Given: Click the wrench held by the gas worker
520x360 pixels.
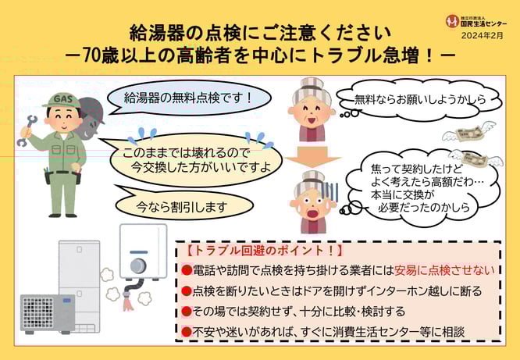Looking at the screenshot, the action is pyautogui.click(x=27, y=130).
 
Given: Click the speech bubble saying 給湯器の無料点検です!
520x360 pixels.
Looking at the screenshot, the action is pyautogui.click(x=188, y=98).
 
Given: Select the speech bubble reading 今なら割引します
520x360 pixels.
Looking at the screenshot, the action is pyautogui.click(x=181, y=205).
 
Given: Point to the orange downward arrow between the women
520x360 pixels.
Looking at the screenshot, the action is pyautogui.click(x=312, y=157).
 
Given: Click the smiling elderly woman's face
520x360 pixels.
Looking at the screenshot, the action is pyautogui.click(x=312, y=112).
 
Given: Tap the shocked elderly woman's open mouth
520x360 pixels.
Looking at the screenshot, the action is pyautogui.click(x=312, y=213).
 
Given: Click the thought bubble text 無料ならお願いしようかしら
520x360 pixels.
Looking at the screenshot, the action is pyautogui.click(x=420, y=99).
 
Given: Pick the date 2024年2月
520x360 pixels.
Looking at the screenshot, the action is pyautogui.click(x=483, y=35).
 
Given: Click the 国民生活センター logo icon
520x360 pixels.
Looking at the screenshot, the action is pyautogui.click(x=452, y=21).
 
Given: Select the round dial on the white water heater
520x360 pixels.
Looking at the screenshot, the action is pyautogui.click(x=138, y=266).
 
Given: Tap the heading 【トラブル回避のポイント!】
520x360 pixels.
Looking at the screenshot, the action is pyautogui.click(x=262, y=251).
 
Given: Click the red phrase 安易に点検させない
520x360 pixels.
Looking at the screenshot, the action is pyautogui.click(x=444, y=270).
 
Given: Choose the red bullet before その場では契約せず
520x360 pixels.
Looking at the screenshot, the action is pyautogui.click(x=187, y=312).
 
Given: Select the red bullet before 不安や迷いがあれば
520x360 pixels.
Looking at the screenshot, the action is pyautogui.click(x=187, y=332).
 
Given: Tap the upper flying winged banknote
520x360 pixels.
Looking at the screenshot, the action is pyautogui.click(x=468, y=133).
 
